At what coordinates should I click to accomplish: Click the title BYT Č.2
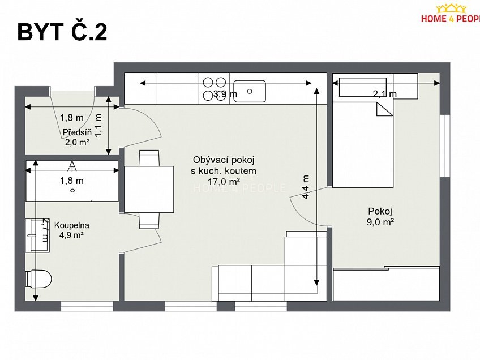tap(62, 33)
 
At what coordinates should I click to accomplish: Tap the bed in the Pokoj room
tap(362, 144)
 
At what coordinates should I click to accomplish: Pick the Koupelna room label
tap(72, 225)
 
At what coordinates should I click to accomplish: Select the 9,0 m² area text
tap(380, 222)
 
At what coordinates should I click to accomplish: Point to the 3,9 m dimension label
tap(225, 95)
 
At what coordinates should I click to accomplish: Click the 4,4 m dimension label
tap(306, 187)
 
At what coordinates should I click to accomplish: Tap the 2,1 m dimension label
tap(384, 94)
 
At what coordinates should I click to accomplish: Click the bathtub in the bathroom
tap(72, 181)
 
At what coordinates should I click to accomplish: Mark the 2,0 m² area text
tap(77, 142)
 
